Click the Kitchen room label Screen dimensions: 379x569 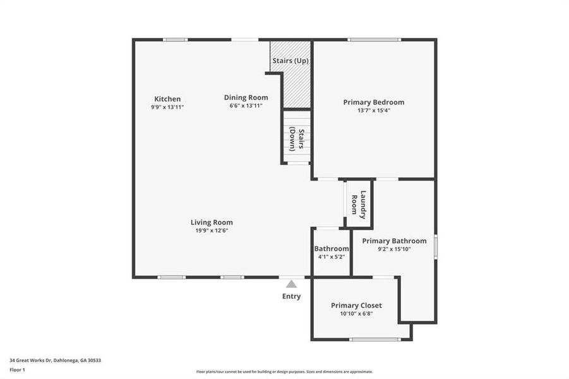(167, 99)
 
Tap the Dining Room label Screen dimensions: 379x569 (246, 97)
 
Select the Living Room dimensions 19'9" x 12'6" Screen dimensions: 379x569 (212, 231)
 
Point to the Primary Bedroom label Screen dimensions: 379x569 (373, 102)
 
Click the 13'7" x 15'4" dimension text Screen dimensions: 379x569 (373, 111)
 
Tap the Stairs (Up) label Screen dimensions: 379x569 (290, 61)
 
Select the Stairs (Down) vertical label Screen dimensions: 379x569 (297, 140)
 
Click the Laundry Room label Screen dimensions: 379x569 (359, 205)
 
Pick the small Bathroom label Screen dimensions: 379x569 (332, 249)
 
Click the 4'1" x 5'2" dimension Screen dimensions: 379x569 (332, 257)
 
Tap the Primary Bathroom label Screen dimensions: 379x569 (394, 241)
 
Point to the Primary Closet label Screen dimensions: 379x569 (356, 305)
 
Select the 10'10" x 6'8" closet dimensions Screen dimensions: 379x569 (356, 314)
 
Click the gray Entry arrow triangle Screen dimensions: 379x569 (291, 284)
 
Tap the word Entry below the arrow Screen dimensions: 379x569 (291, 296)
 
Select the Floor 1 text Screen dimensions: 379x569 (17, 370)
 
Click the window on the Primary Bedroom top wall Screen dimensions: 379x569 (373, 40)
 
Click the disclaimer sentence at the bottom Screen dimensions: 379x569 (284, 371)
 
